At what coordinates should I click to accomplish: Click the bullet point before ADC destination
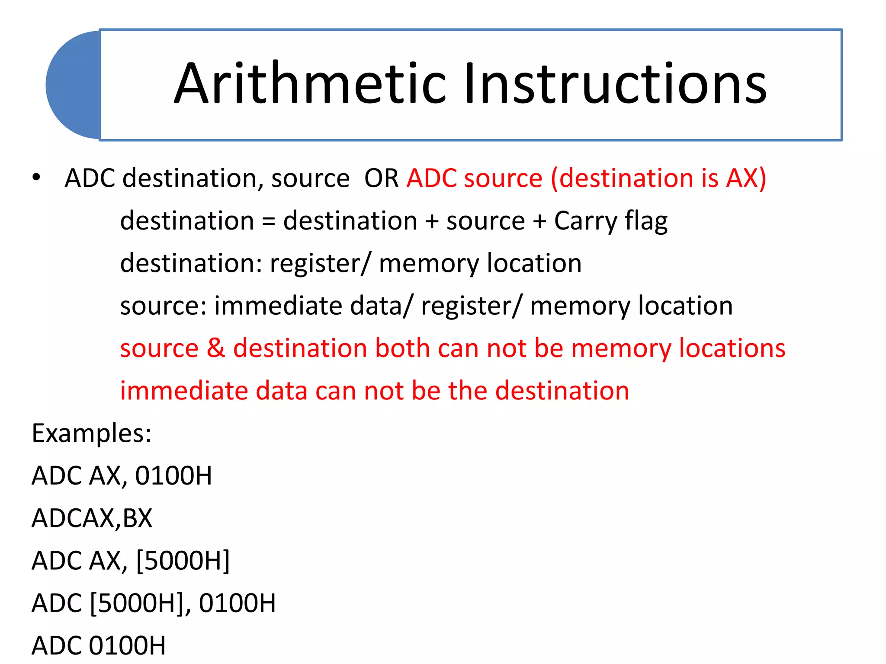36,178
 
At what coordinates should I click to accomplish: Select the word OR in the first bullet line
381,178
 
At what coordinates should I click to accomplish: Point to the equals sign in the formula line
268,221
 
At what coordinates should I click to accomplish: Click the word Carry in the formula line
586,221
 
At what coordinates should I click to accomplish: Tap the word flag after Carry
646,221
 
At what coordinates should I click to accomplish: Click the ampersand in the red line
216,348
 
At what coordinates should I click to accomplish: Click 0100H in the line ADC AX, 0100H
173,476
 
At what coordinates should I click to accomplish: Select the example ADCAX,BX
92,518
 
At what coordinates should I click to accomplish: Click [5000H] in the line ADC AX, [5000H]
183,561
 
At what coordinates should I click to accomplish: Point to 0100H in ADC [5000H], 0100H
237,603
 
